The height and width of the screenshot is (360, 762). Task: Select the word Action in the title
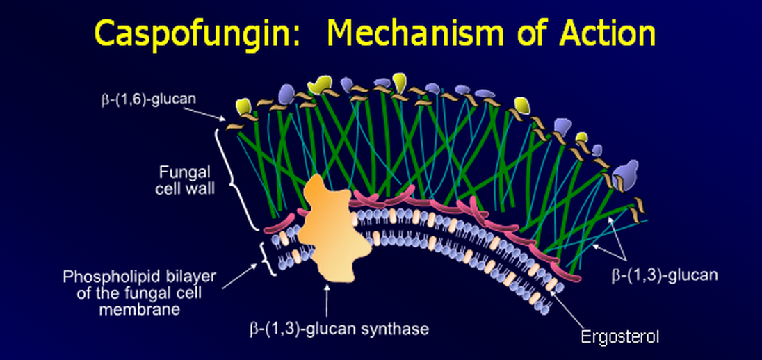(602, 33)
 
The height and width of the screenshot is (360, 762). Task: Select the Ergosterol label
(620, 338)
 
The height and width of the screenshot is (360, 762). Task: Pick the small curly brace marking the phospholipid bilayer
(266, 259)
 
